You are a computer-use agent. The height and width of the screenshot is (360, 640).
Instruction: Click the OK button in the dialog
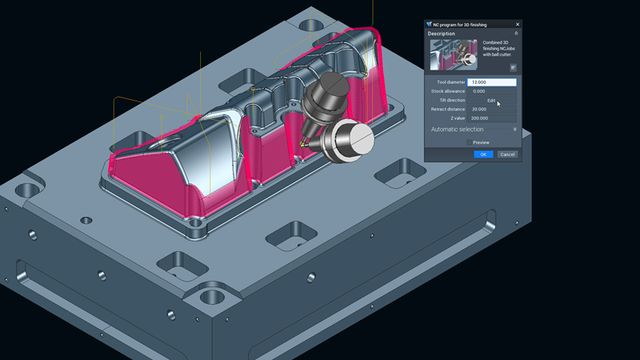[482, 154]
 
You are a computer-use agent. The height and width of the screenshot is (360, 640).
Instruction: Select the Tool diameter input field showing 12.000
[492, 82]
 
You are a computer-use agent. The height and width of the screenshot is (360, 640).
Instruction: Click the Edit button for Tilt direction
[492, 101]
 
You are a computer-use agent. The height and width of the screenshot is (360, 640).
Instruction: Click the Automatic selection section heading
[457, 130]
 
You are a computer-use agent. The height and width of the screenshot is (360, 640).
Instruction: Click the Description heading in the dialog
[442, 33]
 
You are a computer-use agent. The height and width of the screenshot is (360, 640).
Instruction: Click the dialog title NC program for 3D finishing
[461, 22]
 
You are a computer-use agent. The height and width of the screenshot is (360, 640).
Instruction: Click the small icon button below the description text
[513, 68]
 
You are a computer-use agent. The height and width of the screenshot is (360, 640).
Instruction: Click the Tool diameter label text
[452, 82]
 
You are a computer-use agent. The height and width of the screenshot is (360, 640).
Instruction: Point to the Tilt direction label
[452, 101]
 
